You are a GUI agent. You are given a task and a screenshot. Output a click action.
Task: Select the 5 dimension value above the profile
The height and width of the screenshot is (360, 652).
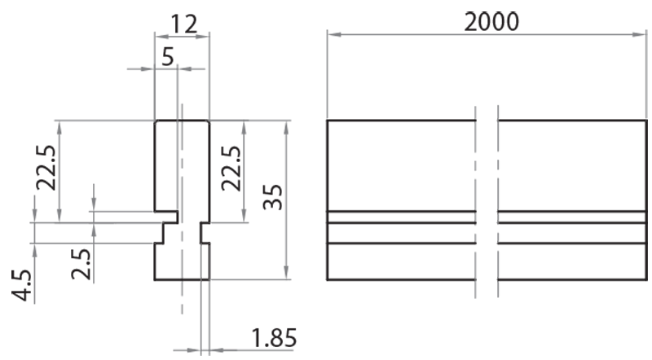click(168, 56)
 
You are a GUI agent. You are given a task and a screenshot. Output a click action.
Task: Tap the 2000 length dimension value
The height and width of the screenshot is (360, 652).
click(491, 20)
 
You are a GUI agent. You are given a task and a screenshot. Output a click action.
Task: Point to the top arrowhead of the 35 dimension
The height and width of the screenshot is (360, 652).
click(287, 125)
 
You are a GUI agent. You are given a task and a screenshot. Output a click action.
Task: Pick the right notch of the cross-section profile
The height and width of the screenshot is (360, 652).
click(205, 233)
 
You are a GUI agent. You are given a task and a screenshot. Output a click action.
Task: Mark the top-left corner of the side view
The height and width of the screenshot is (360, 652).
click(328, 121)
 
